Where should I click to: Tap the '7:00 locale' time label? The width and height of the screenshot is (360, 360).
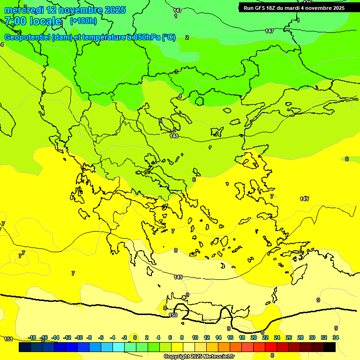[x=33, y=21]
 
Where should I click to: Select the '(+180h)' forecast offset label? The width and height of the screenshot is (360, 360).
[x=83, y=21]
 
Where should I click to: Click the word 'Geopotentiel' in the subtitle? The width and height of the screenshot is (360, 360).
[x=28, y=37]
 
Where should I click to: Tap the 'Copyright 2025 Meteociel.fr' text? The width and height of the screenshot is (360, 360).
[x=199, y=356]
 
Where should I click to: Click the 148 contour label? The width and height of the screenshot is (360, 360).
[x=174, y=136]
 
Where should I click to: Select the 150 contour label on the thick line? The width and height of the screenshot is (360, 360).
[x=173, y=315]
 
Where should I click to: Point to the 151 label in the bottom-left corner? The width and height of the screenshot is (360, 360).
[x=8, y=338]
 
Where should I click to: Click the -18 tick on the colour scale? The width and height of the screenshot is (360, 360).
[x=32, y=337]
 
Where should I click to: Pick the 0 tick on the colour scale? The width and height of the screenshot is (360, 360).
[x=135, y=337]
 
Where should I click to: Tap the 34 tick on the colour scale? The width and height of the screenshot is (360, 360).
[x=336, y=337]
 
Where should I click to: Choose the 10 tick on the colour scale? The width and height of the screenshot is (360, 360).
[x=195, y=337]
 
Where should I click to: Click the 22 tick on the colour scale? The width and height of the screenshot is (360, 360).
[x=265, y=337]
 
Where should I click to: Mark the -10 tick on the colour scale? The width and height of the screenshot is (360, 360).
[x=79, y=337]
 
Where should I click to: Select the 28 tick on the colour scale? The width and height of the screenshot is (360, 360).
[x=300, y=337]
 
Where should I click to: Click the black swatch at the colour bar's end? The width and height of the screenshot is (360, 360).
[x=330, y=347]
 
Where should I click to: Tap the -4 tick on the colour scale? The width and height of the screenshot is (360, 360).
[x=112, y=337]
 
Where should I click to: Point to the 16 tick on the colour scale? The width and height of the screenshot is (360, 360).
[x=230, y=337]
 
